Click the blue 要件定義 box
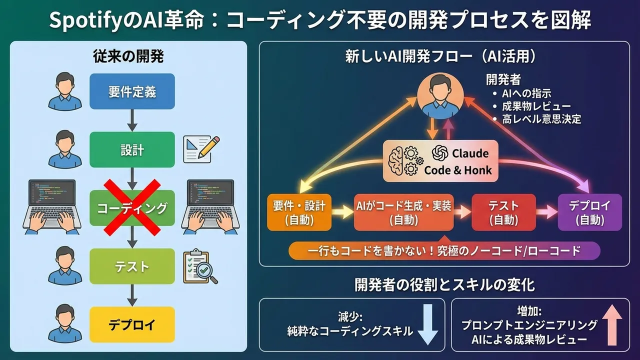132,91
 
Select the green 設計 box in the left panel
132,149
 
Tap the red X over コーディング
132,207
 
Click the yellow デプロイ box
132,324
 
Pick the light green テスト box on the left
132,266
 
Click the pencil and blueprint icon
201,149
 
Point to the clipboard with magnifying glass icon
200,267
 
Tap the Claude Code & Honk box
440,161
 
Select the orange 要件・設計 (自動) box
299,212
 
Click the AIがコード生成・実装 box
403,212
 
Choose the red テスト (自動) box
503,212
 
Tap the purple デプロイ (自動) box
590,212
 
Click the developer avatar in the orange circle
440,95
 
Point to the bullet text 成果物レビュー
536,106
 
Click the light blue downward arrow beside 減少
427,325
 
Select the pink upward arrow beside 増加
612,325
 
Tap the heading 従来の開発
128,56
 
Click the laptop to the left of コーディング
52,207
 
